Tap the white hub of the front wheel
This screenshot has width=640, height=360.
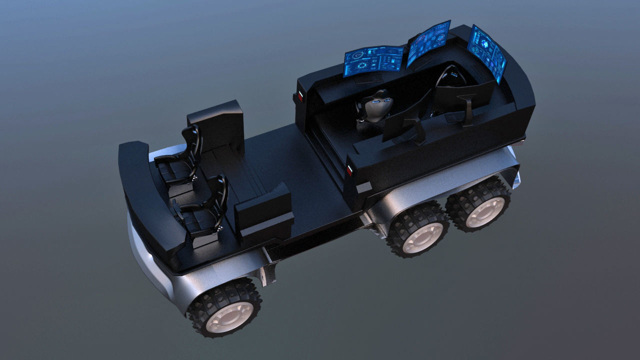(x=229, y=316)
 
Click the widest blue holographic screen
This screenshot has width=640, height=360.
(x=373, y=60)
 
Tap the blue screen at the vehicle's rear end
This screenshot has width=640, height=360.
(x=486, y=50)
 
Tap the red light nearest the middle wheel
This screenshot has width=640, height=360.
(x=349, y=170)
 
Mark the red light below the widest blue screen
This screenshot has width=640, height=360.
(x=301, y=95)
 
